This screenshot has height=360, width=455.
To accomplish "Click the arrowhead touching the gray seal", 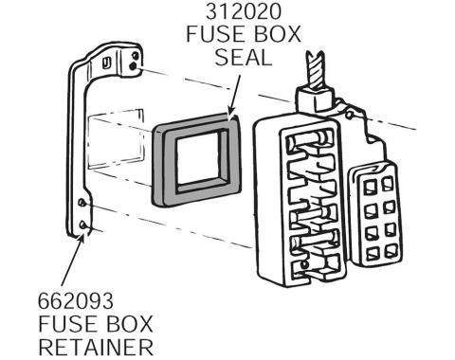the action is coord(229,115).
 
